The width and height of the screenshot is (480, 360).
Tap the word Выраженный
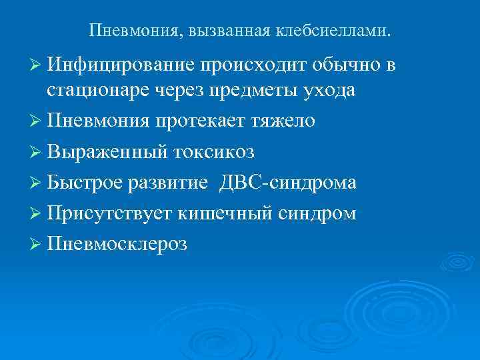(x=107, y=153)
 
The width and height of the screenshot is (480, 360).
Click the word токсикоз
(x=215, y=153)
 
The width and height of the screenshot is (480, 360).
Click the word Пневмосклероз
(x=117, y=245)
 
